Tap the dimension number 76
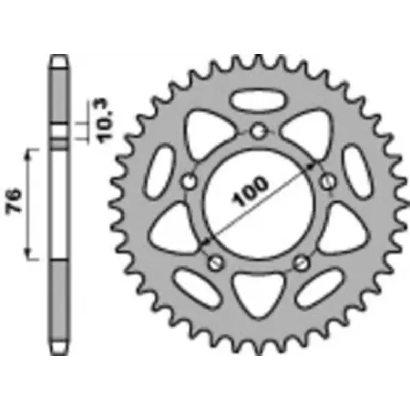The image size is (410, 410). [14, 200]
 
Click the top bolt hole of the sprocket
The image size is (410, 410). [258, 131]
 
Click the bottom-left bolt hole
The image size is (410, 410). [215, 262]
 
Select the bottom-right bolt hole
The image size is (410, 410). [301, 262]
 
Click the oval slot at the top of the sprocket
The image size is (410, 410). [258, 100]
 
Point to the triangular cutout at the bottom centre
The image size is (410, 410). [258, 292]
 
